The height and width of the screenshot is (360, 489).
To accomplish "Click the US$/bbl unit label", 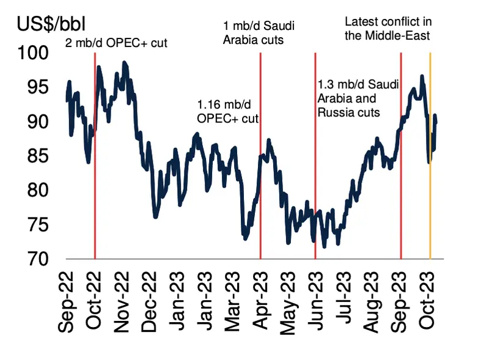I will pyautogui.click(x=50, y=25).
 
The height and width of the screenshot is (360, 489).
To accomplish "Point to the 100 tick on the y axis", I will pyautogui.click(x=40, y=53).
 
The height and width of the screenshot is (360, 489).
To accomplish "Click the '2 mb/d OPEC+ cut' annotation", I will pyautogui.click(x=116, y=43).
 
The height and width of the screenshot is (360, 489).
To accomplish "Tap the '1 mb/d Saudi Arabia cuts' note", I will pyautogui.click(x=254, y=33).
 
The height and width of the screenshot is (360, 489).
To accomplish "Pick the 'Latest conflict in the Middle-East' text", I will pyautogui.click(x=388, y=29).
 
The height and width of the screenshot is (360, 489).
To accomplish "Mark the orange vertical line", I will pyautogui.click(x=430, y=183).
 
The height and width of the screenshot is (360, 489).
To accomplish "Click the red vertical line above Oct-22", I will pyautogui.click(x=95, y=183).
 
